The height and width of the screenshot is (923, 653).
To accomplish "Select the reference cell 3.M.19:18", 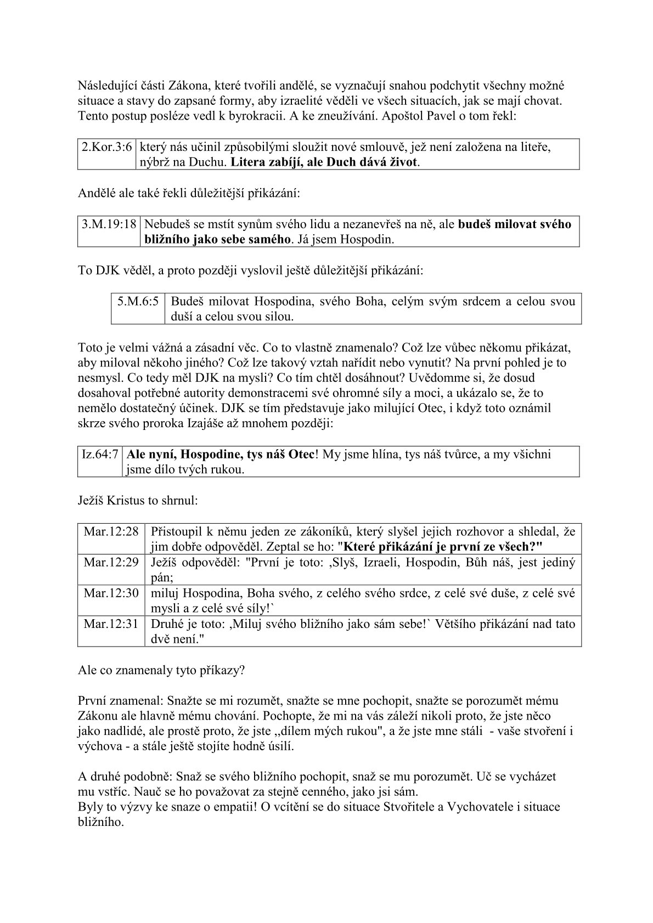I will click(x=109, y=224).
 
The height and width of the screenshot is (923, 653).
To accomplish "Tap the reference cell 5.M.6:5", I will click(x=138, y=301).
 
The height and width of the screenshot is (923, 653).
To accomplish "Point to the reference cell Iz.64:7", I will click(x=100, y=455).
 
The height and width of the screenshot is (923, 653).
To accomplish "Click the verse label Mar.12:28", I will click(x=111, y=531).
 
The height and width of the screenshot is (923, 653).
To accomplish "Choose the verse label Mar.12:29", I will click(x=111, y=563).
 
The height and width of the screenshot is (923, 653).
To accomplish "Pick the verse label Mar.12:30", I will click(x=111, y=593).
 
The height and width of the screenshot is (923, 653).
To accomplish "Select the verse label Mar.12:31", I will click(x=111, y=624).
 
